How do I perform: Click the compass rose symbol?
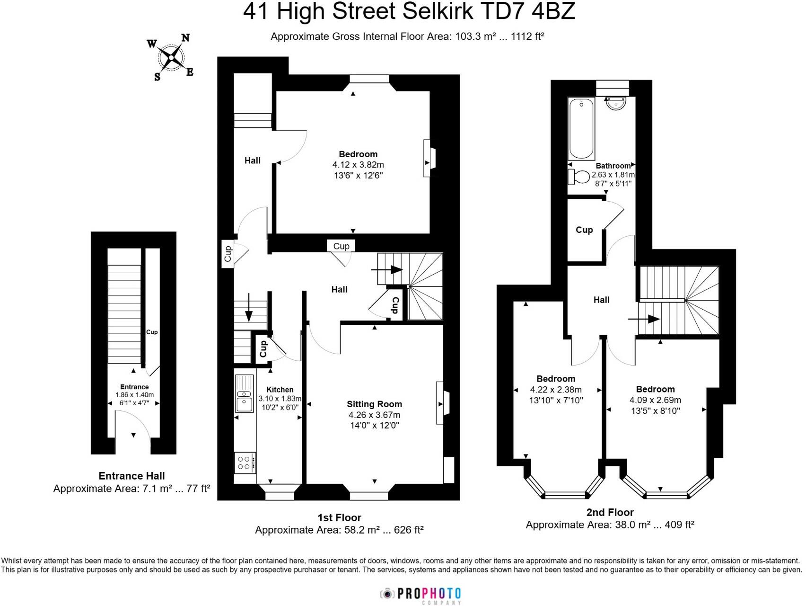coord(170,58)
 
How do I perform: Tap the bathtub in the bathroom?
coord(581,128)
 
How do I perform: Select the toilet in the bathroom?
coord(578,177)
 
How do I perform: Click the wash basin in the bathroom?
coord(616,104)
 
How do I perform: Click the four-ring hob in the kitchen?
coord(245,463)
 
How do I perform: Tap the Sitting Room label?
coord(374,404)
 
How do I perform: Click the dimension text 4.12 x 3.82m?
coord(358,165)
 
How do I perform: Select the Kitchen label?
coord(280,390)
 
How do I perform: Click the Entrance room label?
coord(134,387)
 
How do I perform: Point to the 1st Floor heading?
coord(339,517)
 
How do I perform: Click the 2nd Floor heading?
coord(610,512)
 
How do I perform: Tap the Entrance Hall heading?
coord(131,476)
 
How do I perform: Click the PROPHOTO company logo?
coord(421,594)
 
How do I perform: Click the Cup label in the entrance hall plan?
coord(152,332)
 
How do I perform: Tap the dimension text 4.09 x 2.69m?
coord(655,400)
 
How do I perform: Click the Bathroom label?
coord(613,166)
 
